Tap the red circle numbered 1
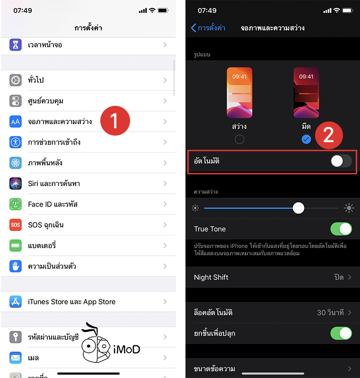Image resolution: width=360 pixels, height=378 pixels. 114,121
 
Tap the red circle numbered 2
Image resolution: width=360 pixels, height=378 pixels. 329,135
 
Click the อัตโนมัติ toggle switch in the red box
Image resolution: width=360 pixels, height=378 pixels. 341,161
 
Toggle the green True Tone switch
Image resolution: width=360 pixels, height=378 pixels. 341,229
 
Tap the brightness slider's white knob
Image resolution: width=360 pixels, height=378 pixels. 299,208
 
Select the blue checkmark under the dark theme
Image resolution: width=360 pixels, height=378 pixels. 306,139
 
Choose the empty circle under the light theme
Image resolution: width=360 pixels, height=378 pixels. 240,139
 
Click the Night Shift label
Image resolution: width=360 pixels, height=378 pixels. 211,277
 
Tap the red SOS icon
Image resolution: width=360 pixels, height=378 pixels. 16,225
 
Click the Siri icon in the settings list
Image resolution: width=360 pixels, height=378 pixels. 16,183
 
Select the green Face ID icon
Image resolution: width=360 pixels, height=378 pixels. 16,204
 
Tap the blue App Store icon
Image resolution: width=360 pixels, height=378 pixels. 16,301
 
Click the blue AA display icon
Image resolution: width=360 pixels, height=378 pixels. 16,121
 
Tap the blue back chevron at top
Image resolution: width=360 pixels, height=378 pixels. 193,28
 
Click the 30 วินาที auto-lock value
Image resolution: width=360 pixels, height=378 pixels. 331,313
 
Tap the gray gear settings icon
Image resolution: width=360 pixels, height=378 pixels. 16,80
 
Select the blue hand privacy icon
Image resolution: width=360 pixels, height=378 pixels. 16,266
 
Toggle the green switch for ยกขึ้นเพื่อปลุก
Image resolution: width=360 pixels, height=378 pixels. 341,334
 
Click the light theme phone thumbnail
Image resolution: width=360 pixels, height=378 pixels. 239,93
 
